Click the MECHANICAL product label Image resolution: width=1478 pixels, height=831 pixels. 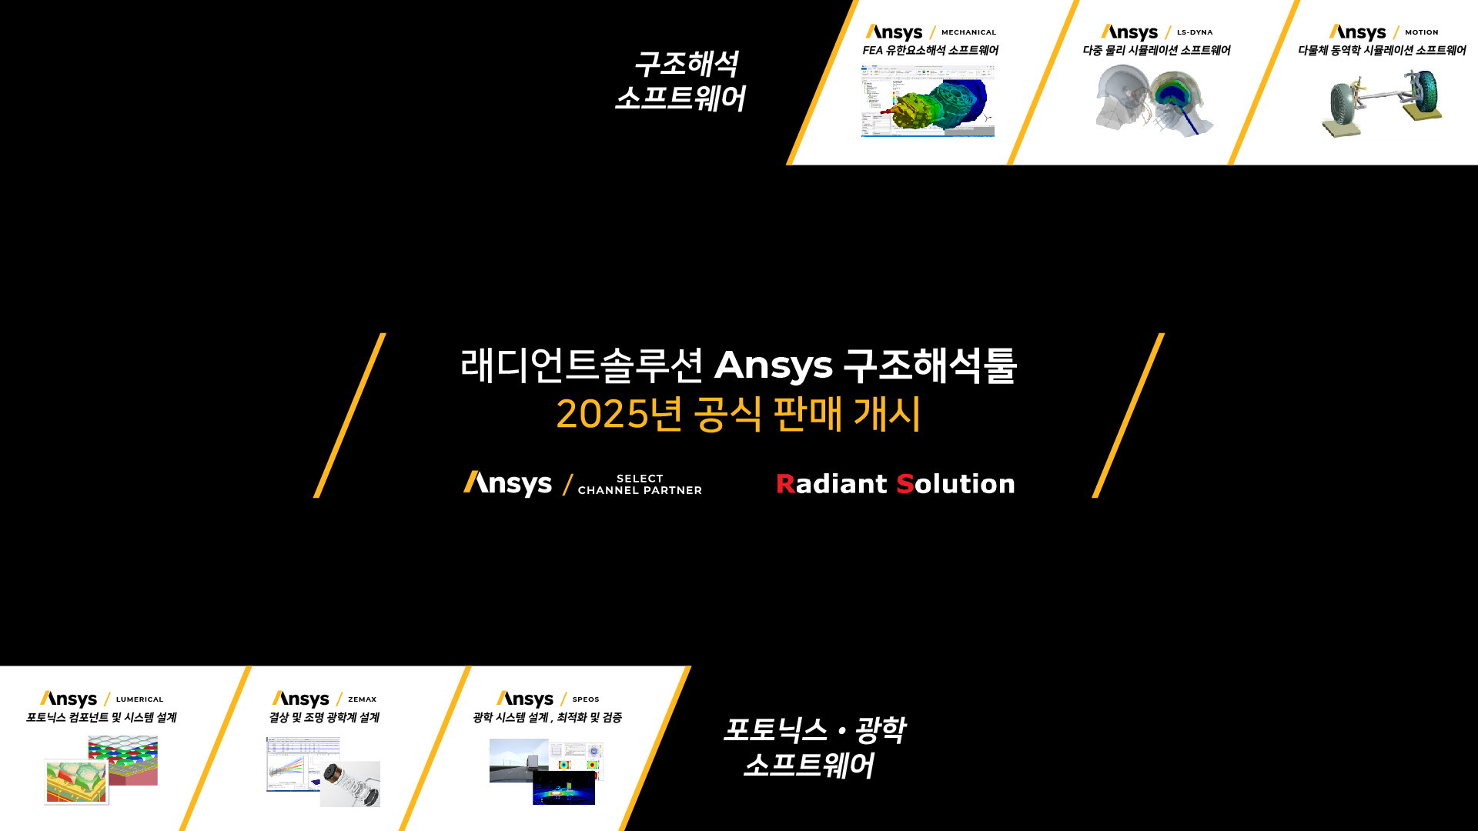click(x=968, y=32)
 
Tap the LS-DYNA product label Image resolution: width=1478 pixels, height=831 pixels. click(x=1195, y=32)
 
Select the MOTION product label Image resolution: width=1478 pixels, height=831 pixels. click(x=1421, y=32)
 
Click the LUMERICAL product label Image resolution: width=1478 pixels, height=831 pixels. click(x=139, y=699)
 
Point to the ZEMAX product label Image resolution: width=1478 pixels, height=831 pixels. click(x=362, y=699)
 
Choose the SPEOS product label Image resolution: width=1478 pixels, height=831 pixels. click(x=586, y=699)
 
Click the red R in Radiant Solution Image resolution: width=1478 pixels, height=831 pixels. click(x=785, y=484)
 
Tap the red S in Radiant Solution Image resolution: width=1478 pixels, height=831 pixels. click(x=905, y=484)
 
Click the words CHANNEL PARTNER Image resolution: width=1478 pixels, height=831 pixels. click(x=640, y=490)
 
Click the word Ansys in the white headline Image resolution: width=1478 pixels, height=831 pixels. click(x=774, y=365)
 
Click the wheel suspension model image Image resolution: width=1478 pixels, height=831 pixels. click(x=1383, y=103)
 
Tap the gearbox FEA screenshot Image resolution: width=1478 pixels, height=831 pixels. click(x=928, y=101)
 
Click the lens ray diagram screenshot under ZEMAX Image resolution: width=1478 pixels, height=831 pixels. click(x=303, y=764)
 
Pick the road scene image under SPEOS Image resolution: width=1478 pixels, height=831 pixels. click(x=519, y=760)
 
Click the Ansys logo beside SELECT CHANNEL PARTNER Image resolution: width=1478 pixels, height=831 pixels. click(x=507, y=484)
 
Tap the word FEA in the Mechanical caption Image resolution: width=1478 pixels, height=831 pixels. click(x=873, y=50)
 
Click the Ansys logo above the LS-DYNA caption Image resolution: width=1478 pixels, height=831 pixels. click(x=1129, y=32)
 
